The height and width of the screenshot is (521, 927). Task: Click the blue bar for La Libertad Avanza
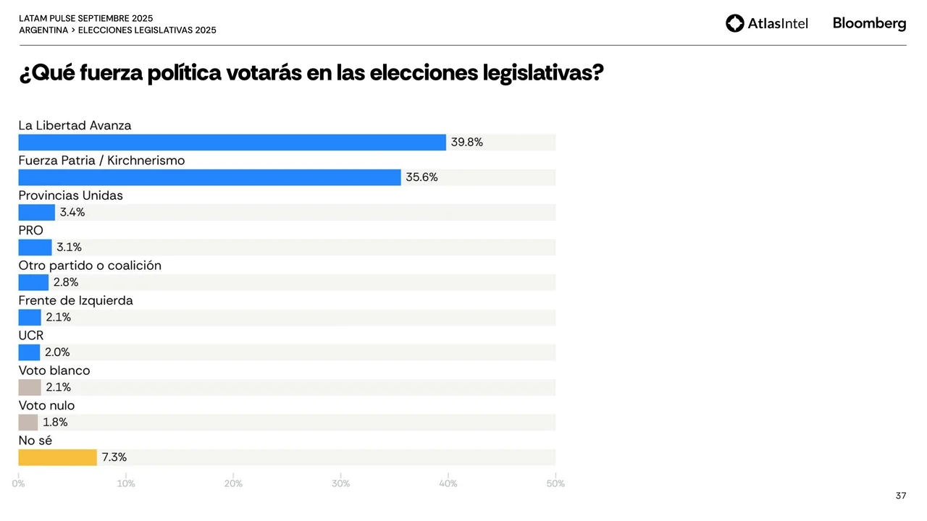(x=232, y=143)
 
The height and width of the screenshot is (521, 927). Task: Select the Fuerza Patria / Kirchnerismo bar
(x=209, y=177)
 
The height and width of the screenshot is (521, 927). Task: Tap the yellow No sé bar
(x=57, y=457)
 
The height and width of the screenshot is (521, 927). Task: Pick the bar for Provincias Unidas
(x=36, y=213)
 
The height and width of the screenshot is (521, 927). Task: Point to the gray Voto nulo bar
(x=28, y=423)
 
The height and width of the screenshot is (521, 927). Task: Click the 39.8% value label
(x=466, y=143)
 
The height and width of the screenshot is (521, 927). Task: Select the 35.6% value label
(x=421, y=177)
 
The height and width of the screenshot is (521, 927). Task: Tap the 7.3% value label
(x=114, y=457)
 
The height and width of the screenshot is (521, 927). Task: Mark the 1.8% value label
(x=55, y=423)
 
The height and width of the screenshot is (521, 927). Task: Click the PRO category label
(x=30, y=230)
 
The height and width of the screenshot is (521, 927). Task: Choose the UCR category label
(x=30, y=335)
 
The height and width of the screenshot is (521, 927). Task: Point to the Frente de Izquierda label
(x=75, y=300)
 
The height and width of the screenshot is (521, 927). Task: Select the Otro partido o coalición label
(x=90, y=266)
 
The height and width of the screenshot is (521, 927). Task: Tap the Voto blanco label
(x=54, y=370)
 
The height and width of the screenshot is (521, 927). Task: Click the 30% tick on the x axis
(x=340, y=483)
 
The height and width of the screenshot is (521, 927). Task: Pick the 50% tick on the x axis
(x=555, y=483)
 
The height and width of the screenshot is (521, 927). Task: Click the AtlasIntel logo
(x=766, y=23)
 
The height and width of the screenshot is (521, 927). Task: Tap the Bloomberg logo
(x=869, y=23)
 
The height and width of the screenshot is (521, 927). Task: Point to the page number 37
(x=901, y=496)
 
